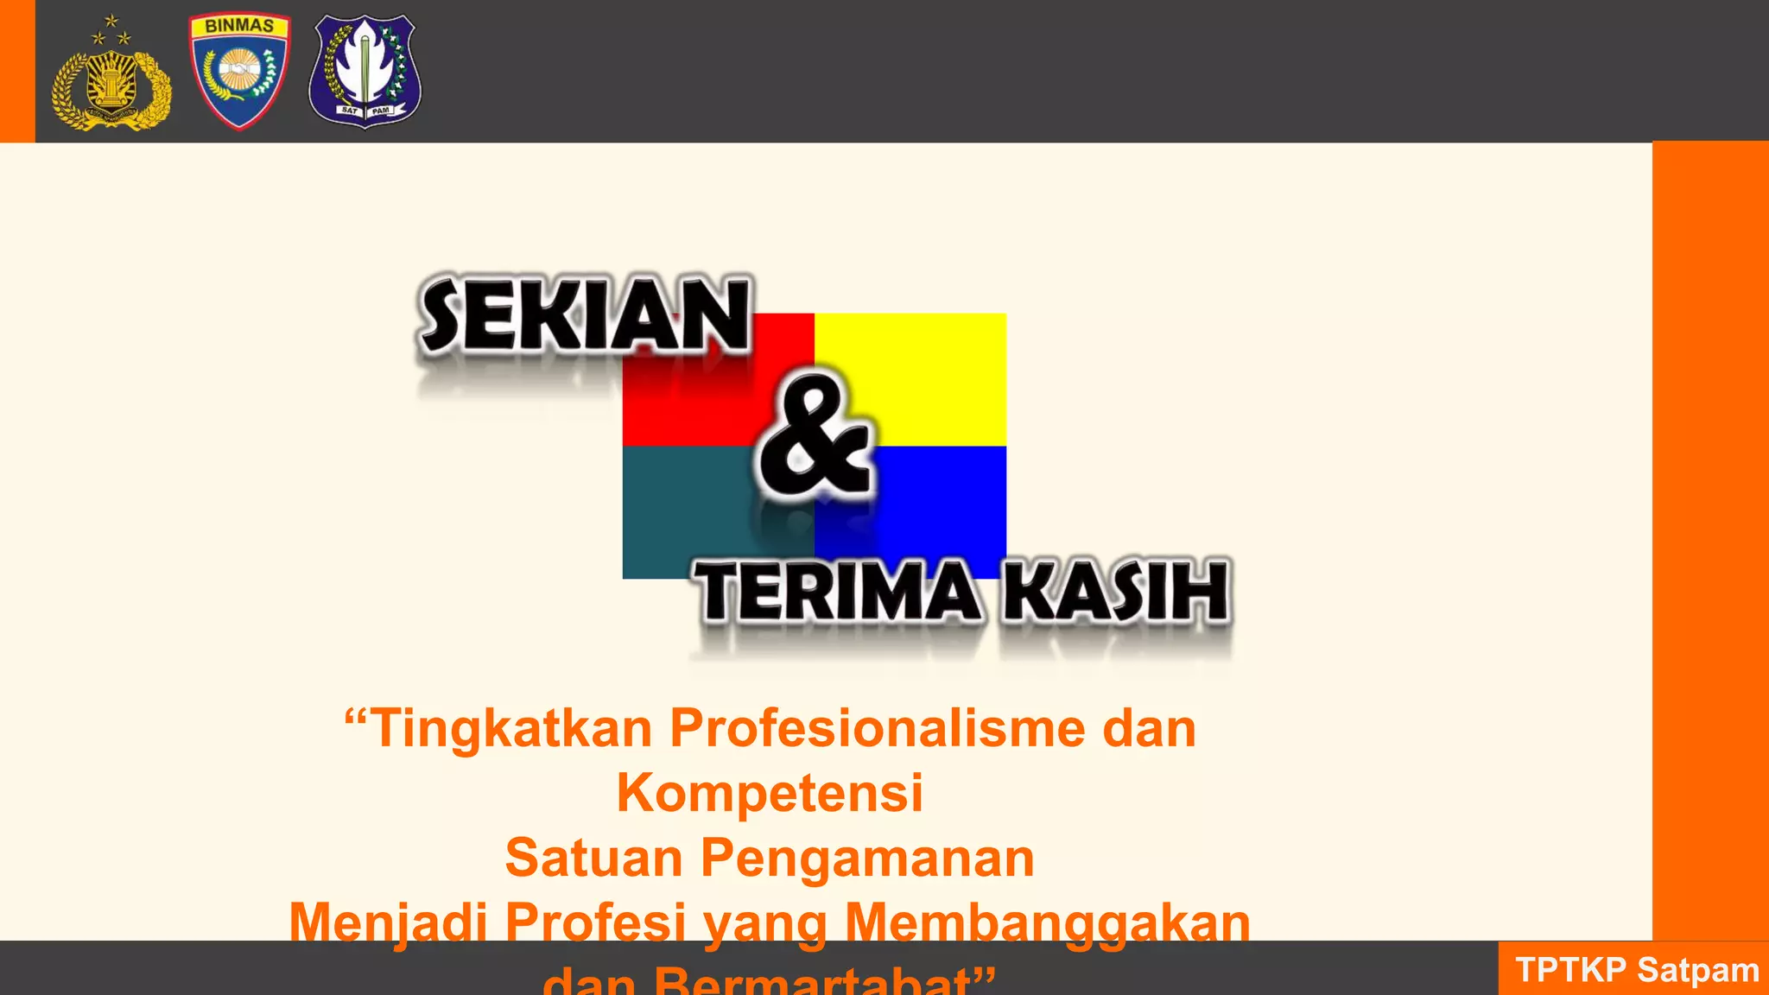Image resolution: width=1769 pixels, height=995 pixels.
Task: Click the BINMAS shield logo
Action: [239, 73]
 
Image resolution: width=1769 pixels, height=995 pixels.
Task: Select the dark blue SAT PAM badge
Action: [365, 71]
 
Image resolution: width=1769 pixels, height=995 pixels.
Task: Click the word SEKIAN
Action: [585, 315]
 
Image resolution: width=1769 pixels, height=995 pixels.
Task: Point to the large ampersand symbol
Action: [814, 436]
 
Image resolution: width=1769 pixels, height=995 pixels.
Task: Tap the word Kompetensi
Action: [770, 792]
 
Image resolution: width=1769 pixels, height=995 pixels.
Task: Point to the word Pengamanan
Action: [867, 858]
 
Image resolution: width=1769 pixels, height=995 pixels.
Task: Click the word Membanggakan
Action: [1047, 922]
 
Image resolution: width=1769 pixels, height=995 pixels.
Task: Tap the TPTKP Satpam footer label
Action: [1636, 970]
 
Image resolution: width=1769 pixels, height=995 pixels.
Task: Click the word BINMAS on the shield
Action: [239, 26]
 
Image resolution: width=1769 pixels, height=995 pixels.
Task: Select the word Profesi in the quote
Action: [595, 922]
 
